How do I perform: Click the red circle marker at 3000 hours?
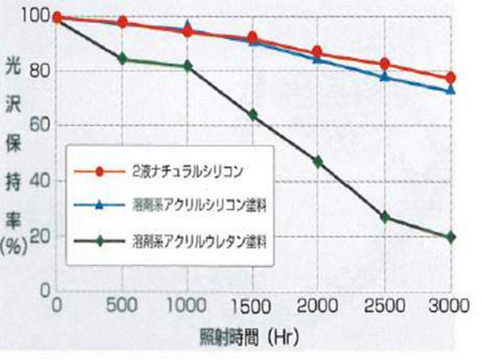pos(451,78)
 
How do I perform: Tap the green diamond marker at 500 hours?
pos(123,59)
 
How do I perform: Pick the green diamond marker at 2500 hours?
pos(386,217)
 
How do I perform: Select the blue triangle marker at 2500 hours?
pos(386,76)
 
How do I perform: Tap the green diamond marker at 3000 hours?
pos(451,237)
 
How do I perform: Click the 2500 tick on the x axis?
pos(386,305)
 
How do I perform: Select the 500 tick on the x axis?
pos(123,305)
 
